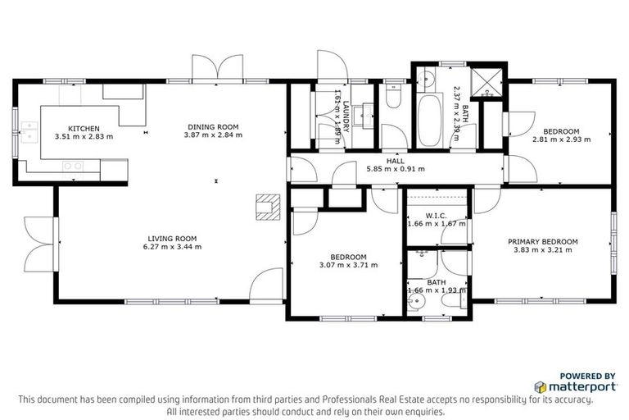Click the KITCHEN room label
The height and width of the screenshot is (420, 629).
(x=84, y=128)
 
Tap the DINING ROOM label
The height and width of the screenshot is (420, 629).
(x=214, y=126)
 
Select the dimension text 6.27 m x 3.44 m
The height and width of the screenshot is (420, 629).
(x=172, y=246)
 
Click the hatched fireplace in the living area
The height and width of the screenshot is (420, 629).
(x=268, y=208)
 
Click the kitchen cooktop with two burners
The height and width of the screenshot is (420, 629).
(x=74, y=166)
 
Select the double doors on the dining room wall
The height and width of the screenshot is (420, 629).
(x=207, y=68)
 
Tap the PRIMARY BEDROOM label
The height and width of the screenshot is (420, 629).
(x=543, y=241)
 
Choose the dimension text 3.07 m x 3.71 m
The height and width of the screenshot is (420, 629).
(x=348, y=265)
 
